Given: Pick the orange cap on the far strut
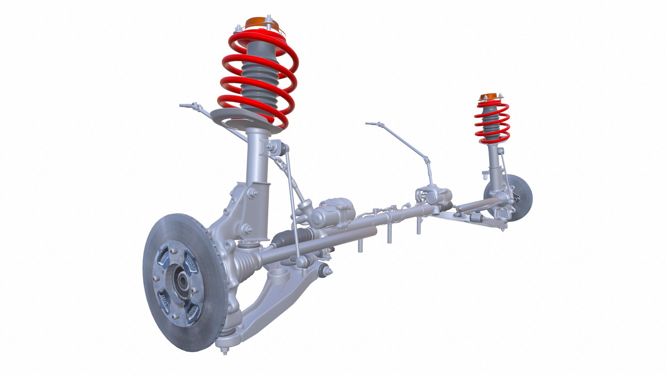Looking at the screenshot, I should click(x=489, y=96).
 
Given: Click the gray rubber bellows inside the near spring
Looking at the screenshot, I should click(x=259, y=83).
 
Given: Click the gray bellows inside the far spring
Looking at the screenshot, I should click(x=491, y=120).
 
